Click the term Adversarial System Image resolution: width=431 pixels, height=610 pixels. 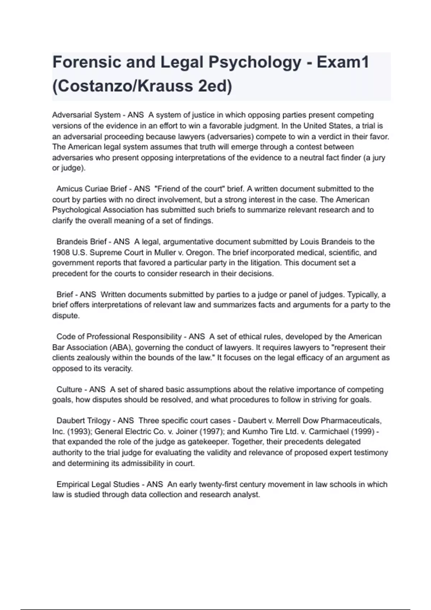tap(86, 115)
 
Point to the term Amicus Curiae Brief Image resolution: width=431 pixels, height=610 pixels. tap(92, 189)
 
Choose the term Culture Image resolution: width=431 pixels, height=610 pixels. tap(69, 389)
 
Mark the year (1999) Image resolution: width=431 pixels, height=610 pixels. tap(362, 431)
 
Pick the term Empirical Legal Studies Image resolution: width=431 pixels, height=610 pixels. tap(98, 484)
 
